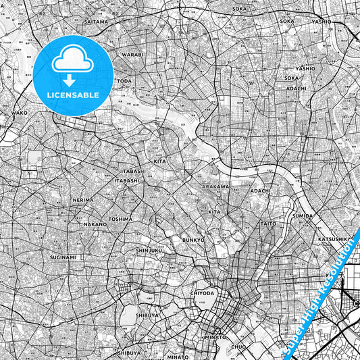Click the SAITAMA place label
point(95,22)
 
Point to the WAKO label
point(20,113)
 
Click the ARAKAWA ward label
point(216,186)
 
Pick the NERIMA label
point(83,201)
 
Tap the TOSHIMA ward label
point(120,220)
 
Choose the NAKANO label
point(96,224)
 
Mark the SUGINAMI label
point(63,257)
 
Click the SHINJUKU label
point(149,251)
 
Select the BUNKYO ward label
point(193,240)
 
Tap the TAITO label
point(268,223)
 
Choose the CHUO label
point(238,348)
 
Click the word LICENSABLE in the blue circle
point(73,95)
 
